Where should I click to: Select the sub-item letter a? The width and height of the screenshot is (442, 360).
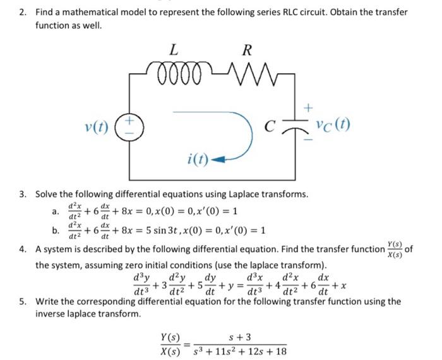coord(56,212)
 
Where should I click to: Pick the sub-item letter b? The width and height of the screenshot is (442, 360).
coord(56,229)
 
